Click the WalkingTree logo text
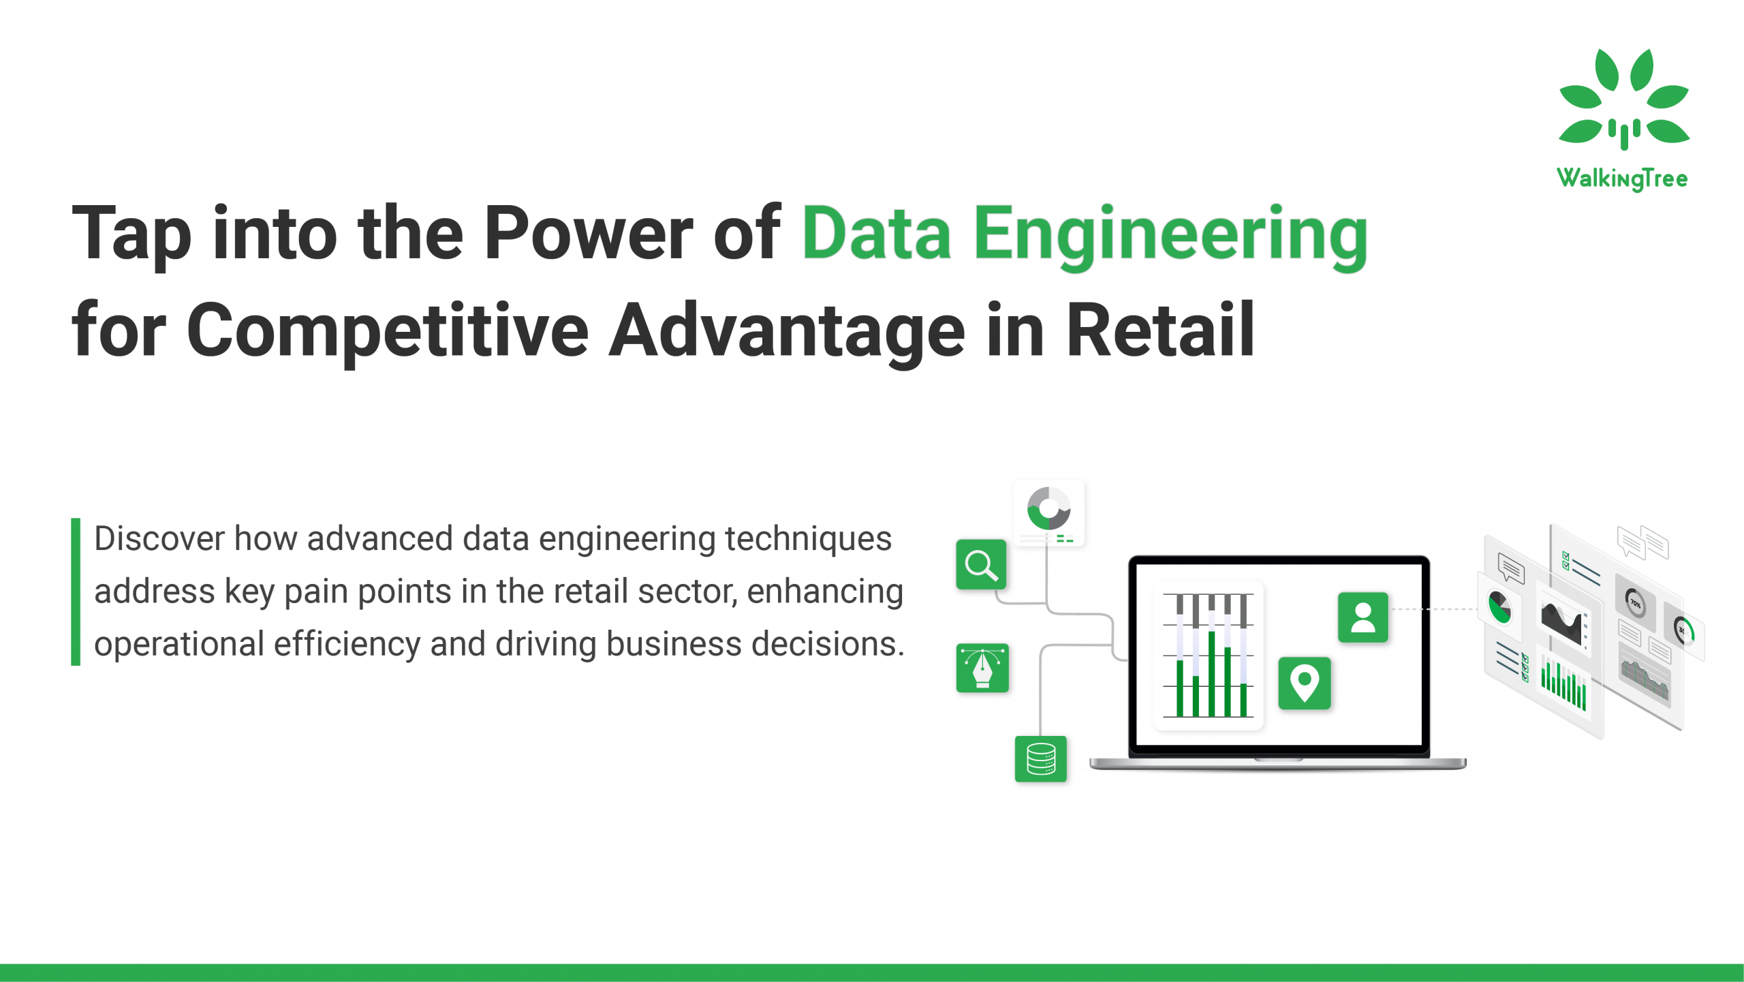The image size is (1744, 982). click(x=1622, y=179)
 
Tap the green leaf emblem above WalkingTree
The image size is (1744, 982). click(x=1623, y=99)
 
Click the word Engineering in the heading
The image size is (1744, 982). click(x=1170, y=234)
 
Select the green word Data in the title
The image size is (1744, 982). click(x=876, y=234)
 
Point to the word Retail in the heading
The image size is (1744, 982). click(x=1159, y=331)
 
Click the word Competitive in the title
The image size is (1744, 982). click(x=387, y=331)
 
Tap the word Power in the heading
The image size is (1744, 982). click(x=587, y=234)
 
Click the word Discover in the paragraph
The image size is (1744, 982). click(x=159, y=539)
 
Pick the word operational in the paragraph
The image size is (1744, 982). click(x=178, y=644)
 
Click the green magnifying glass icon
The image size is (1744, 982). click(x=981, y=565)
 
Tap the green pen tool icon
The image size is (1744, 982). click(x=982, y=668)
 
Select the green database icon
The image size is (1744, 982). click(x=1040, y=758)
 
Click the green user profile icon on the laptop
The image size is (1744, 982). click(x=1362, y=617)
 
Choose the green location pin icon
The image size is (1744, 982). click(x=1304, y=683)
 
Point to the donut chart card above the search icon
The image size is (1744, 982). click(x=1048, y=512)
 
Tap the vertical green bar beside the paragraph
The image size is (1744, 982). click(x=76, y=592)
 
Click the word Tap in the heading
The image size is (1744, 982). click(x=131, y=234)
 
